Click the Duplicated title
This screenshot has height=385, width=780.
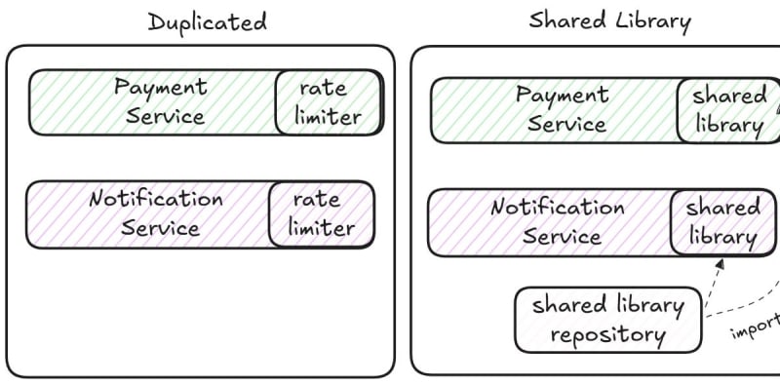(208, 22)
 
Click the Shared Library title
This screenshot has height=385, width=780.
(610, 21)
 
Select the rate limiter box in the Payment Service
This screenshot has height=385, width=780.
(329, 102)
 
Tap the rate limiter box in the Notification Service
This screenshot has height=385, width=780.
(322, 214)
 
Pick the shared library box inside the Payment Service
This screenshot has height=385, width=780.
(728, 110)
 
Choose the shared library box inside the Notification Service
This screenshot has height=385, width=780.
(722, 222)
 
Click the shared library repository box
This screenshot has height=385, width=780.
(607, 320)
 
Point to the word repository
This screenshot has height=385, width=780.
(607, 335)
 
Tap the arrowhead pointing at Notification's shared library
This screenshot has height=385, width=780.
(720, 263)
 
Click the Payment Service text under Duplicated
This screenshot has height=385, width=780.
(161, 101)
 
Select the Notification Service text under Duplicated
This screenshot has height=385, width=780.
(156, 213)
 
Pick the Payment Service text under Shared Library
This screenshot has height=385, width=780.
(563, 109)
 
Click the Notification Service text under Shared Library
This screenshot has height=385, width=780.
(558, 221)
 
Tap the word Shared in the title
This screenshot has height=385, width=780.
(568, 20)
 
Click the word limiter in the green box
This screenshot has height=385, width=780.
(329, 117)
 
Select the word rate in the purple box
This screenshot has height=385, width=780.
(317, 200)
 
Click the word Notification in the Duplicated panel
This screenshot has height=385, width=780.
(156, 199)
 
